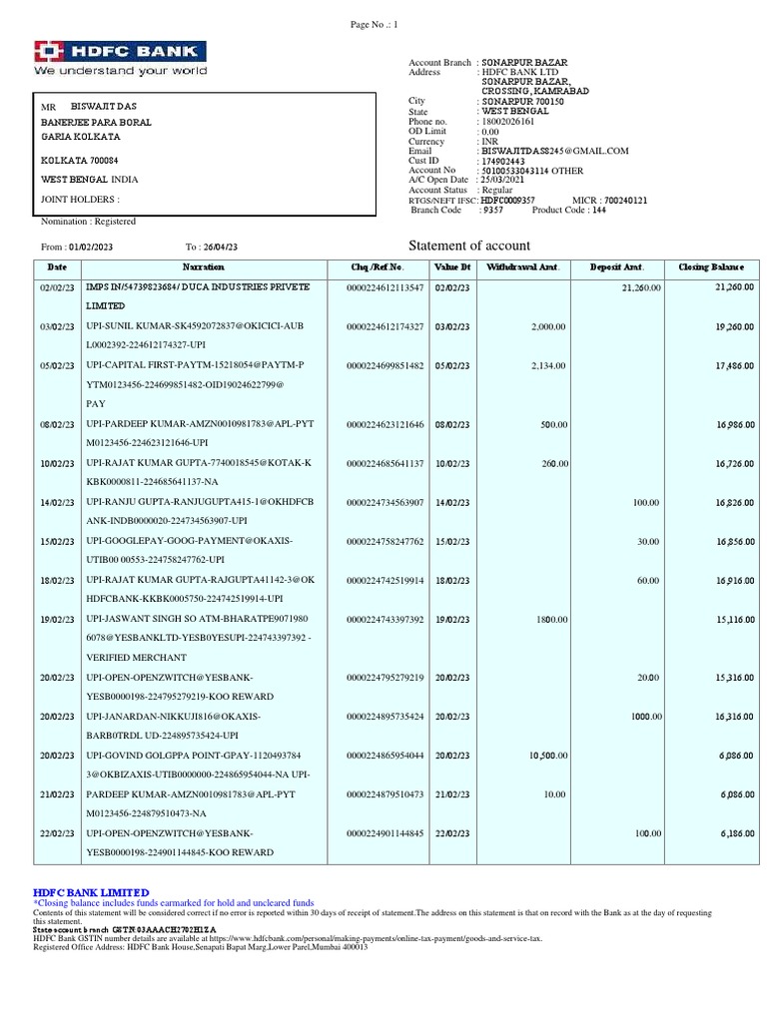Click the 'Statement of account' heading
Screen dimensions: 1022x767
[469, 246]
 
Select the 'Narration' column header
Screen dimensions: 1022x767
[203, 267]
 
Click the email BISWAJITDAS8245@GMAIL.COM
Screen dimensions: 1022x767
[554, 151]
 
